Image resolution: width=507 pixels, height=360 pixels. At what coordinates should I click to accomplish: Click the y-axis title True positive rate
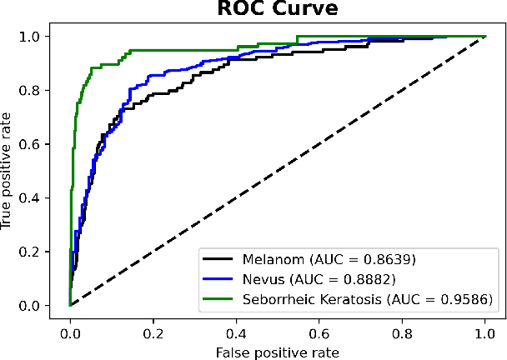point(8,170)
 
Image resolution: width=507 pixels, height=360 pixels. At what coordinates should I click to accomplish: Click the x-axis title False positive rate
point(276,351)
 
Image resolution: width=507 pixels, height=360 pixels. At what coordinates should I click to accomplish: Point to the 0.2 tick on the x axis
point(153,332)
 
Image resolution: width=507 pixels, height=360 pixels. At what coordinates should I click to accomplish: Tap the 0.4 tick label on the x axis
point(236,332)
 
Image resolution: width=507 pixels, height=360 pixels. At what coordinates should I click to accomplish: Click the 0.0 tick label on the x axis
point(70,332)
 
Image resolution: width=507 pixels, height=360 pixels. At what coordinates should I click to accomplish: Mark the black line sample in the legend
point(218,260)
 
